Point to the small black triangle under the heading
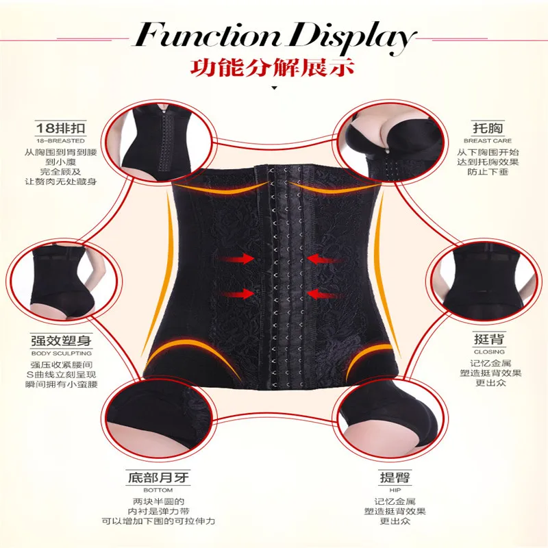(274, 89)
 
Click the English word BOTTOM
(153, 490)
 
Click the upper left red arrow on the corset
(234, 259)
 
